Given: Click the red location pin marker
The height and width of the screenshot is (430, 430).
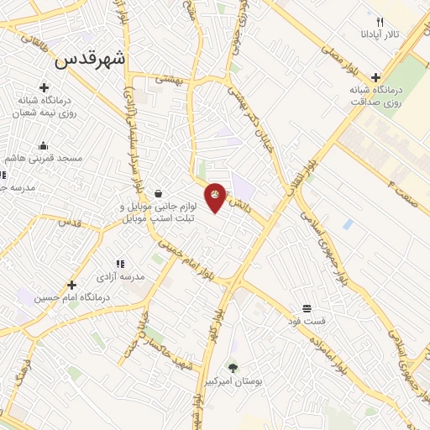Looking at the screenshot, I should [x=216, y=197].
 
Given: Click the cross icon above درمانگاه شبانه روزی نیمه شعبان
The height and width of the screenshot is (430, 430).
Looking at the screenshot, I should [x=44, y=87].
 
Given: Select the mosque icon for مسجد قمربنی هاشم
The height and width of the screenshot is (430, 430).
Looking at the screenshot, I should [x=43, y=145].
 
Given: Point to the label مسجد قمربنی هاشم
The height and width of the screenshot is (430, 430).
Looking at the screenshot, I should [x=46, y=158].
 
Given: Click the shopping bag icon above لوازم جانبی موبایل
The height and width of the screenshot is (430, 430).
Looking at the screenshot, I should [x=158, y=193].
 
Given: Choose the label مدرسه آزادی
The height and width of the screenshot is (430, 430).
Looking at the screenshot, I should [x=120, y=276].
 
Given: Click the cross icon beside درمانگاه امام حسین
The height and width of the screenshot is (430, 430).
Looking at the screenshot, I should [x=72, y=285].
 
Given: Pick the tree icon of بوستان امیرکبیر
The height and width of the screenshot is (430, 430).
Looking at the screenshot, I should [x=233, y=368].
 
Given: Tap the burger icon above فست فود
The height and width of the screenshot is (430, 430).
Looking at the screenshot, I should [x=307, y=308].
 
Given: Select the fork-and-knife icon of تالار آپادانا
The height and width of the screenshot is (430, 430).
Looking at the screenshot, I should [x=379, y=22].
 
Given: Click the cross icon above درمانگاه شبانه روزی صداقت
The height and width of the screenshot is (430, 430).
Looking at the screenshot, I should [x=375, y=76].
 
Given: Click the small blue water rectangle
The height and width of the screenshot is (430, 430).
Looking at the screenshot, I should [x=347, y=224].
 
